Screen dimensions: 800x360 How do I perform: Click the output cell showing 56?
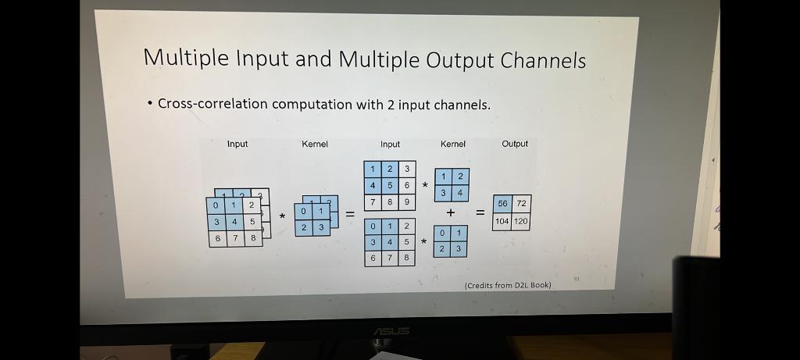point(502,204)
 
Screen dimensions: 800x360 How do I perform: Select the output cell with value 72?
point(521,204)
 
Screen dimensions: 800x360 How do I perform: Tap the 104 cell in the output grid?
point(502,221)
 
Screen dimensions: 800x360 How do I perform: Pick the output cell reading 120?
point(521,221)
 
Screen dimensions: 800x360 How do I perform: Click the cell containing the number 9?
point(406,202)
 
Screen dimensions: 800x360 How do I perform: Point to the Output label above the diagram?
point(515,144)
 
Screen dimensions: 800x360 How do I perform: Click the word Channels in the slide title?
point(543,59)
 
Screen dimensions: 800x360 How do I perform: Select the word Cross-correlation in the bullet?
point(212,104)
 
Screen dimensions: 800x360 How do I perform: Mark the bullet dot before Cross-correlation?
point(150,104)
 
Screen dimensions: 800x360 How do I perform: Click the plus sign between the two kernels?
point(451,212)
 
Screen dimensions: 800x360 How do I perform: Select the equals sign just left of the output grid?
point(480,212)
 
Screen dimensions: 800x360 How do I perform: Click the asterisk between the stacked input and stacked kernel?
point(281,216)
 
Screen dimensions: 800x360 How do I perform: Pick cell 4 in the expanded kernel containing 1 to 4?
point(460,193)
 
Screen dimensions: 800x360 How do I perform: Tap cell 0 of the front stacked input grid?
point(216,205)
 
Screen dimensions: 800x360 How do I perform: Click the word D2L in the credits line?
point(520,285)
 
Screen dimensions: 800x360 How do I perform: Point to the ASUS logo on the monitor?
point(391,331)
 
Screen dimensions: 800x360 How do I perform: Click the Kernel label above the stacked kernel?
point(315,144)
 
